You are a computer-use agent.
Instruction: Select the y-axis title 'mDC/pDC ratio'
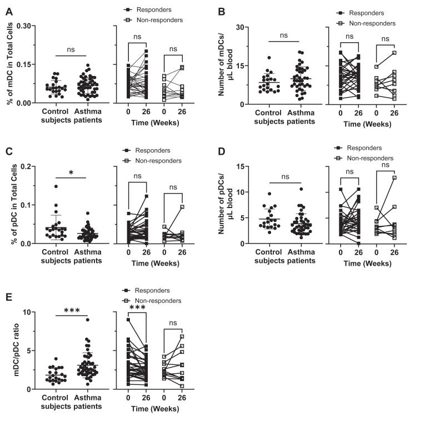click(8, 350)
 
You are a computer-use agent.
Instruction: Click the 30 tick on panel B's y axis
click(243, 27)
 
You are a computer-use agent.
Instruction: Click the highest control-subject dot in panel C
click(56, 186)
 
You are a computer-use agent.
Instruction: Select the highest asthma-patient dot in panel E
click(87, 319)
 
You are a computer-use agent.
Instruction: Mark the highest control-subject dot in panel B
click(269, 58)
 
